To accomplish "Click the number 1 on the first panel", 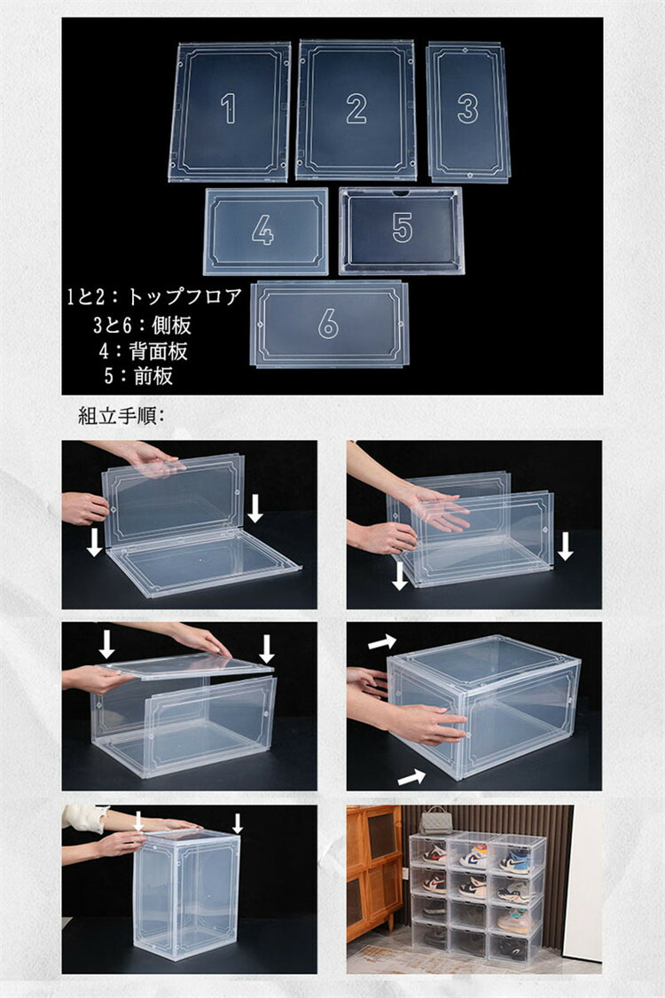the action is [x=229, y=108].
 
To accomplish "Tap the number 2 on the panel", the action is [x=356, y=108].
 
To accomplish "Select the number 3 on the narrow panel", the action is [x=468, y=108].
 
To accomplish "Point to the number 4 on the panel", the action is [x=262, y=230].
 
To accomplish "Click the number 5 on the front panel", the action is [x=403, y=227].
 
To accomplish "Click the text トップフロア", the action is [x=184, y=296].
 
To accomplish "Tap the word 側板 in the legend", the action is [x=172, y=326].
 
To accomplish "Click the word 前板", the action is [x=153, y=375].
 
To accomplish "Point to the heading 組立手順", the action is [x=118, y=416].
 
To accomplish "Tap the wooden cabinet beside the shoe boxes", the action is [x=374, y=872].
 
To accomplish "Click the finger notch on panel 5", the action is [x=401, y=192].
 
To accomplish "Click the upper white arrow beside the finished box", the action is [x=382, y=642].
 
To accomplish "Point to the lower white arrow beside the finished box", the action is [x=411, y=776].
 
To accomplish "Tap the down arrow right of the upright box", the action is [x=238, y=823].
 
